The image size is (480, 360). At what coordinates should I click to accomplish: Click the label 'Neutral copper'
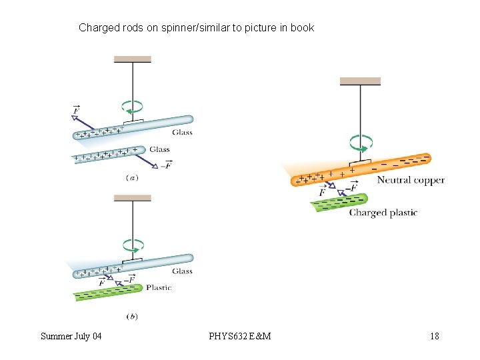(411, 180)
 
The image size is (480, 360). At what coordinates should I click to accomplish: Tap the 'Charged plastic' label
(383, 213)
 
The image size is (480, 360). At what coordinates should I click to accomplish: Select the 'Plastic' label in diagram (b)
(158, 288)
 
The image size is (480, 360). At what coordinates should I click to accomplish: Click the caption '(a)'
(132, 177)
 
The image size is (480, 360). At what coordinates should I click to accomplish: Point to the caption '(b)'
(132, 316)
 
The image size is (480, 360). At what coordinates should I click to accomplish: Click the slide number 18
(435, 336)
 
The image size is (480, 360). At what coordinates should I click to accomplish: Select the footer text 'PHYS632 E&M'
(240, 336)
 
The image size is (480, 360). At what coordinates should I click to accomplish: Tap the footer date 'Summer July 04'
(71, 336)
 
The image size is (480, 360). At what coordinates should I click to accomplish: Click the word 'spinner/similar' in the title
(192, 28)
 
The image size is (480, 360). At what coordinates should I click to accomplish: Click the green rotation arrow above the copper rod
(361, 143)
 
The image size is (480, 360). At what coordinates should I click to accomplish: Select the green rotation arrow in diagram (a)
(133, 106)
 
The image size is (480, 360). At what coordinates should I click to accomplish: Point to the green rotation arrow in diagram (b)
(133, 244)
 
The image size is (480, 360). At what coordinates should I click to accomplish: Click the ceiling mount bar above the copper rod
(360, 81)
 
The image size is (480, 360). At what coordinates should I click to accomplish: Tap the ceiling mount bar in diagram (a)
(133, 59)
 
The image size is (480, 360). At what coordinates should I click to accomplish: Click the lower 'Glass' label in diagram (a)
(160, 150)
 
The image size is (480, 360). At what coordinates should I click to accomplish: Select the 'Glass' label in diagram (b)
(182, 271)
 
